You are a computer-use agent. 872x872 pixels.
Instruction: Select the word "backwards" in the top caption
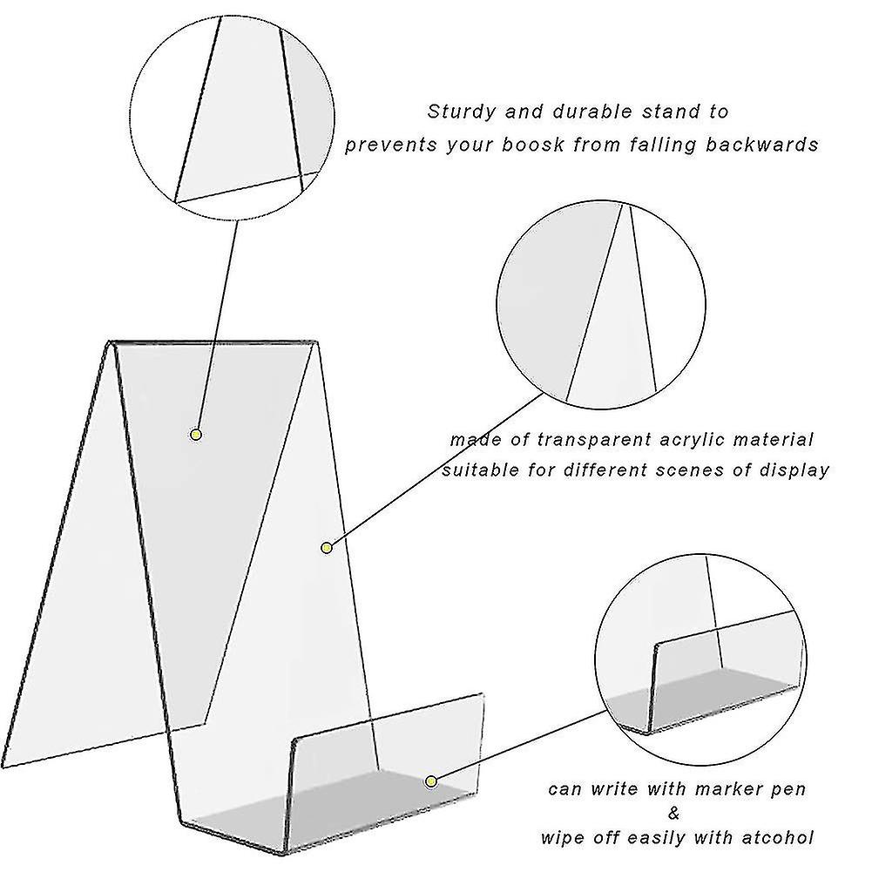tap(764, 145)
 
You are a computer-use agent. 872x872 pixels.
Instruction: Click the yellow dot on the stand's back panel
tap(196, 434)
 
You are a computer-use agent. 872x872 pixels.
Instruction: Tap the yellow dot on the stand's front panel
tap(327, 547)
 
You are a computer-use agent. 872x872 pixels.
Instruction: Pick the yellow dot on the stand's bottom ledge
tap(430, 781)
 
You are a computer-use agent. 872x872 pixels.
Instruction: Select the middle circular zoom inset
tap(601, 306)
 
